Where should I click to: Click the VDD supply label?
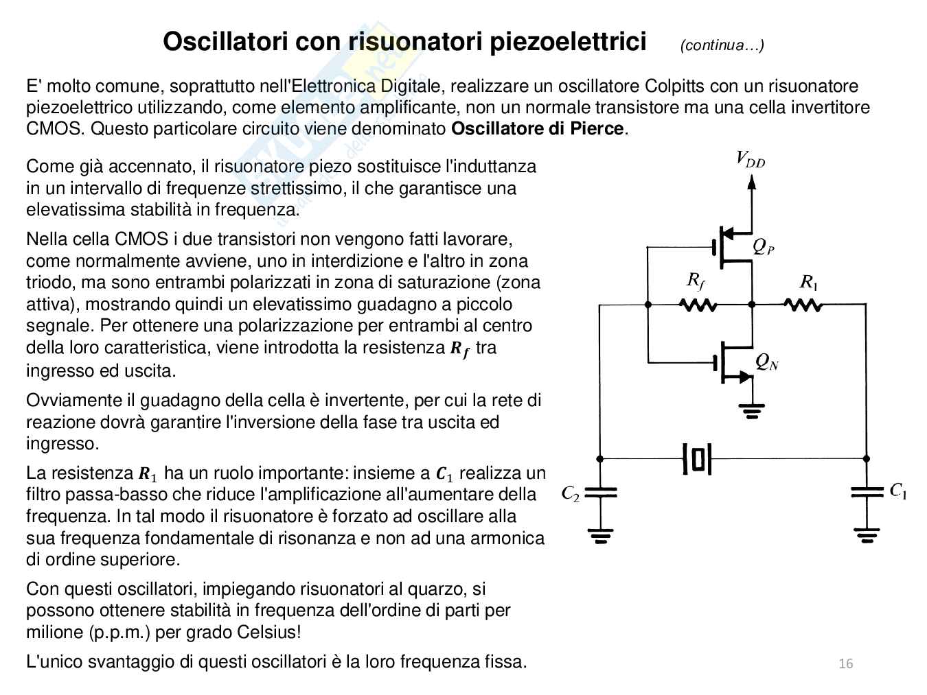coord(751,159)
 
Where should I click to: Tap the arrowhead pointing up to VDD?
coord(752,182)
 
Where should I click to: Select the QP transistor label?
coord(764,246)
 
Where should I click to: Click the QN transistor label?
coord(766,362)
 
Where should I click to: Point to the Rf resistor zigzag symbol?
coord(698,304)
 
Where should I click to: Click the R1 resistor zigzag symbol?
coord(803,304)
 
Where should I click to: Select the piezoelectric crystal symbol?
coord(698,458)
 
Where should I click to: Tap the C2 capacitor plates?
coord(600,493)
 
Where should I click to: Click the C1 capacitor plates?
coord(867,492)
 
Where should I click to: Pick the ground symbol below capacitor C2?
coord(600,535)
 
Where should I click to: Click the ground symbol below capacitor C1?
coord(867,535)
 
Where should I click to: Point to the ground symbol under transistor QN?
coord(752,411)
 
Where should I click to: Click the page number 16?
coord(846,663)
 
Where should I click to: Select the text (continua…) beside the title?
coord(722,45)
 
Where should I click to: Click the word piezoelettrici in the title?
coord(568,42)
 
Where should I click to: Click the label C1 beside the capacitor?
coord(898,491)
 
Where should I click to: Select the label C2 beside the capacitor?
coord(571,493)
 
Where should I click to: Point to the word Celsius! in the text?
coord(269,632)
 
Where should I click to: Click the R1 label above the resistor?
coord(809,282)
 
